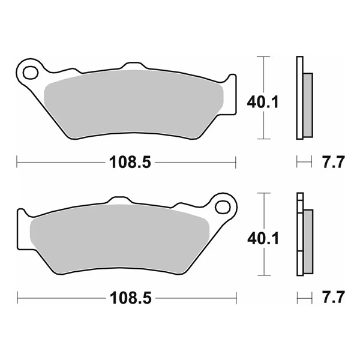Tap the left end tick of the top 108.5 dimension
[17, 162]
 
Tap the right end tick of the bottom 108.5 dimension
[236, 297]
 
